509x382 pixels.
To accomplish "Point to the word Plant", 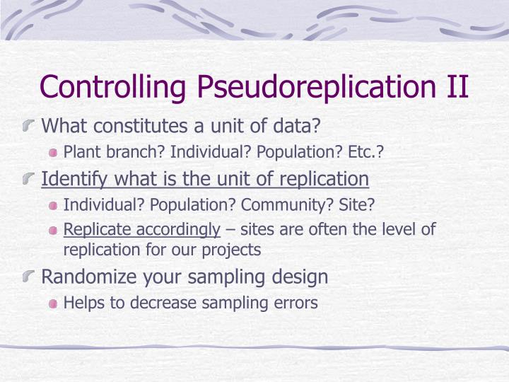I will tap(80, 151).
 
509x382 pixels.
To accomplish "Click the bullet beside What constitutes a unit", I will tap(30, 127).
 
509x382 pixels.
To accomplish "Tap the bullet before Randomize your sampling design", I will tap(30, 277).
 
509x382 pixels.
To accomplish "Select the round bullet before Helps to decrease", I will tap(54, 303).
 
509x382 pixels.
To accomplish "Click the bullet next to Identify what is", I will tap(30, 179).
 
